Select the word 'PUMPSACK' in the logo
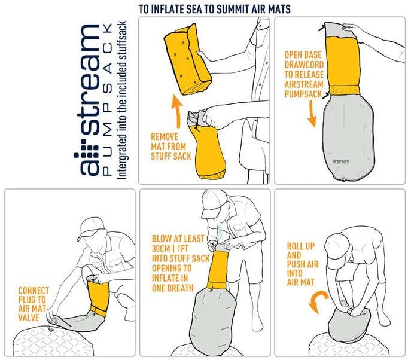point(106,99)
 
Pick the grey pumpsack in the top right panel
point(340,138)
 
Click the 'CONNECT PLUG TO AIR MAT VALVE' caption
point(34,304)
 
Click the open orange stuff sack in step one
point(206,146)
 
